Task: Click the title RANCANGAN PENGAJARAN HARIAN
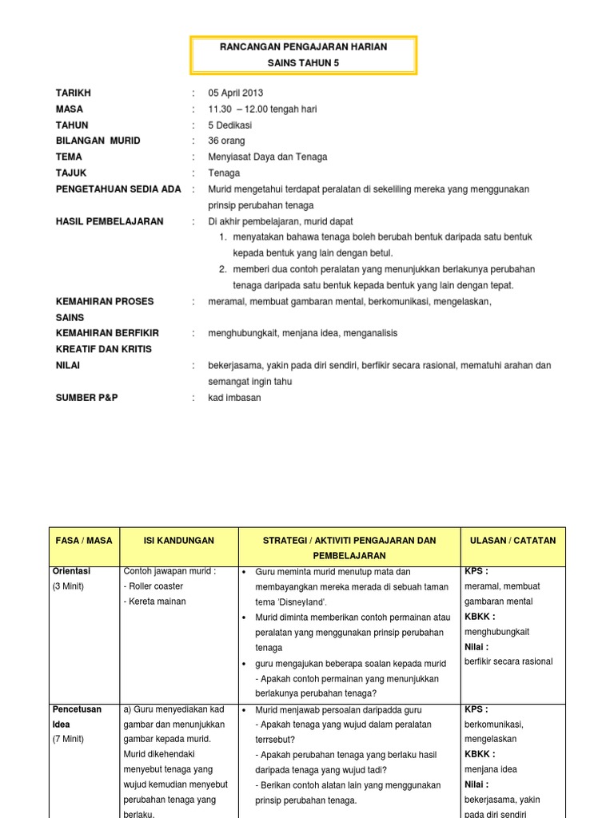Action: (303, 47)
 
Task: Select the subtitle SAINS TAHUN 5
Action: (303, 63)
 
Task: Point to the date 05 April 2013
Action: (236, 93)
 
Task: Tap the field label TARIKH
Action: (73, 93)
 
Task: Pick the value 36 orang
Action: (227, 141)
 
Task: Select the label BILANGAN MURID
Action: (98, 141)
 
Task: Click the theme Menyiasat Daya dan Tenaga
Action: (268, 157)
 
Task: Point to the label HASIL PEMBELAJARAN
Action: (110, 221)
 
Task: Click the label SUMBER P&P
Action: (86, 398)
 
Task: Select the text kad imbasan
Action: (235, 398)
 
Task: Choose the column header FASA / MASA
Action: (84, 541)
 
